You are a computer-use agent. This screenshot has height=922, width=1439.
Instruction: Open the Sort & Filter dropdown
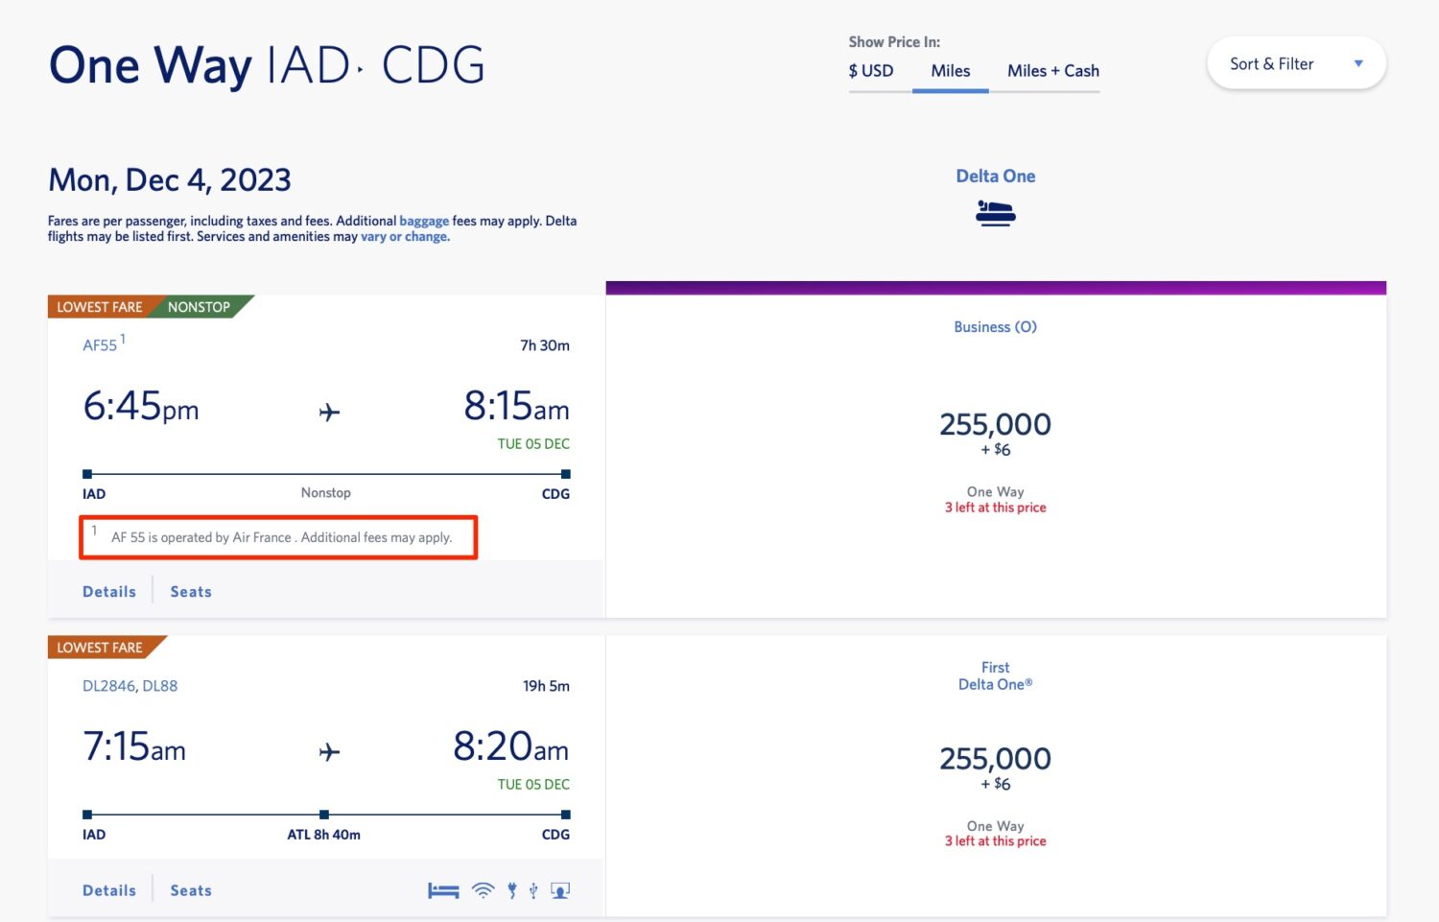click(1295, 64)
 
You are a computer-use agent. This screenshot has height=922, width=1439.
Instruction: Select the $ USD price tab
click(871, 71)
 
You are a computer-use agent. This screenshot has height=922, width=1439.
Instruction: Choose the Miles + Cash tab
click(1052, 71)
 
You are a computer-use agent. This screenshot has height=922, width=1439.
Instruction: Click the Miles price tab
click(950, 71)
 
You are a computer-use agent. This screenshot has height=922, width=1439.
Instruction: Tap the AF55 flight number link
click(100, 345)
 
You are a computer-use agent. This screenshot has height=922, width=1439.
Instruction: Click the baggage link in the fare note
click(424, 221)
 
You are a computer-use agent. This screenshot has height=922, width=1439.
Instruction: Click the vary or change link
click(405, 237)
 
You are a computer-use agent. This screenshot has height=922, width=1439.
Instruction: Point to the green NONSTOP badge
click(199, 307)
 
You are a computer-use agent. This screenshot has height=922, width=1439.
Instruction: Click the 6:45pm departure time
click(141, 407)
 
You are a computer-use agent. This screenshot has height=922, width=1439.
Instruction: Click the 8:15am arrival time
click(516, 407)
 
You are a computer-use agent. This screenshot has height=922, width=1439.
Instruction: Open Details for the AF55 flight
click(109, 592)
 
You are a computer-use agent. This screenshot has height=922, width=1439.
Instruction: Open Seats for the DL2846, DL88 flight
click(191, 890)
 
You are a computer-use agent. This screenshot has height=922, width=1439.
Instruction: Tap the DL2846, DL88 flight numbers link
click(130, 686)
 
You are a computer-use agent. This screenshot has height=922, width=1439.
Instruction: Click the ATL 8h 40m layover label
click(323, 835)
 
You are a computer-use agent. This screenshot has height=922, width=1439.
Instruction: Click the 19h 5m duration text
click(546, 686)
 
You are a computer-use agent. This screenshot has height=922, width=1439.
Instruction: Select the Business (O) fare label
click(995, 327)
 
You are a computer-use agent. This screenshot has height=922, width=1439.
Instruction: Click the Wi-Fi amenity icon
click(484, 890)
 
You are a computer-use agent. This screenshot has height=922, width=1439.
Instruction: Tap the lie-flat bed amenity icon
click(443, 890)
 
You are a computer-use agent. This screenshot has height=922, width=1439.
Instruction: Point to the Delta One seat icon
click(995, 212)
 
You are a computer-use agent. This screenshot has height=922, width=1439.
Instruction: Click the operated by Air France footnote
click(280, 537)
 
